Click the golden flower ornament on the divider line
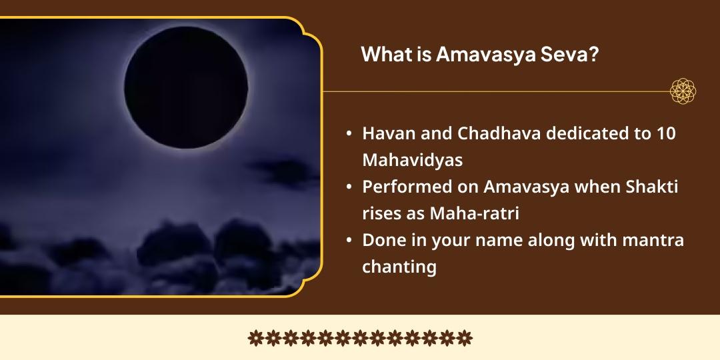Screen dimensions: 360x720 pyautogui.click(x=683, y=91)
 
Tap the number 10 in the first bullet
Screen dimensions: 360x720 pyautogui.click(x=666, y=133)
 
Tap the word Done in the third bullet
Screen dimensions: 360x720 pyautogui.click(x=382, y=240)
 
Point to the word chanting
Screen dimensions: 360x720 pyautogui.click(x=399, y=267)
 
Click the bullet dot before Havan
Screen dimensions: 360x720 pyautogui.click(x=349, y=134)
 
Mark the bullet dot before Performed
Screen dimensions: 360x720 pyautogui.click(x=349, y=188)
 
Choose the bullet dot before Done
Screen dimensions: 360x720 pyautogui.click(x=349, y=241)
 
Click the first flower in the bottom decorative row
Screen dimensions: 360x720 pyautogui.click(x=255, y=338)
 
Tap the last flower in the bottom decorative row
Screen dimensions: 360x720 pyautogui.click(x=465, y=338)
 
